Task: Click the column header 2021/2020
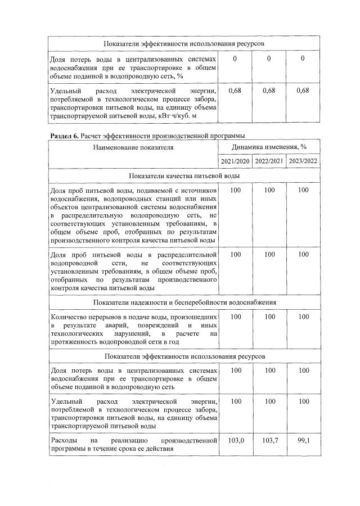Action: coord(235,161)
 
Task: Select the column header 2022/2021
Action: coord(269,161)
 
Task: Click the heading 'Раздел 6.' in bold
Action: coord(64,135)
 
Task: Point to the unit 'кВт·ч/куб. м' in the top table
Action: coord(174,115)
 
